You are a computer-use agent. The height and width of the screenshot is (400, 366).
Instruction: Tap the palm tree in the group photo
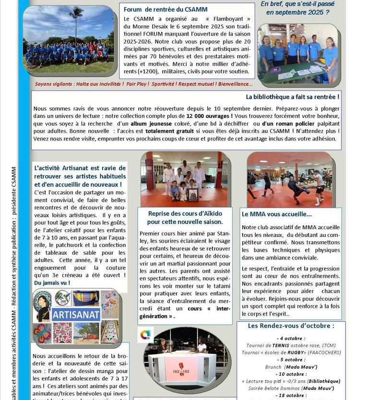tap(76, 22)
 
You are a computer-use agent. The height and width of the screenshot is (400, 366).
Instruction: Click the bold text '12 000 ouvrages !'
tap(210, 116)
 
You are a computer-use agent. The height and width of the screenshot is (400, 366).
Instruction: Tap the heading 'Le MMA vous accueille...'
tap(277, 214)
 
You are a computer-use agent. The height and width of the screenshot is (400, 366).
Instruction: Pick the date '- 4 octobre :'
tap(291, 338)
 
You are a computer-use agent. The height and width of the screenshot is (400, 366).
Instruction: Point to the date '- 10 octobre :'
tap(291, 374)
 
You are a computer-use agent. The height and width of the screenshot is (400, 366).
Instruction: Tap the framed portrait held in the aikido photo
tap(193, 195)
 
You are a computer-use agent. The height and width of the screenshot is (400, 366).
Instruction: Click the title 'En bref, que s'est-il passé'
tap(297, 4)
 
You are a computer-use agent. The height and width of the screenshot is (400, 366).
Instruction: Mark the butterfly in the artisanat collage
tap(42, 332)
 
